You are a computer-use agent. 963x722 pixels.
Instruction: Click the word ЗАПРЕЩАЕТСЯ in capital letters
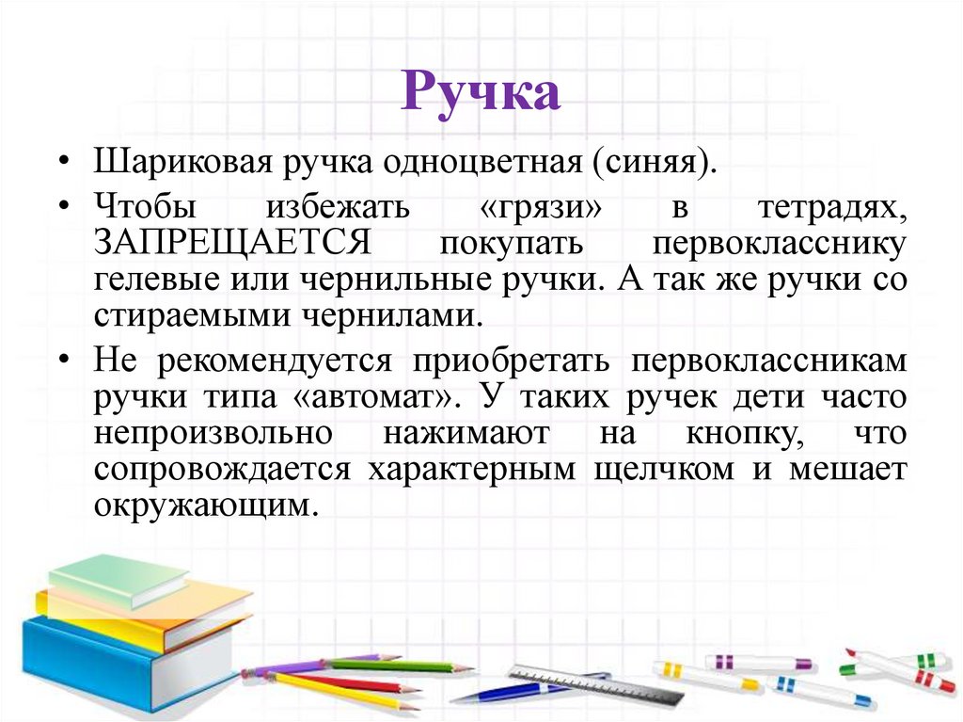pyautogui.click(x=233, y=243)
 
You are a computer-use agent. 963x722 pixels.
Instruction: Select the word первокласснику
pyautogui.click(x=779, y=243)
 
